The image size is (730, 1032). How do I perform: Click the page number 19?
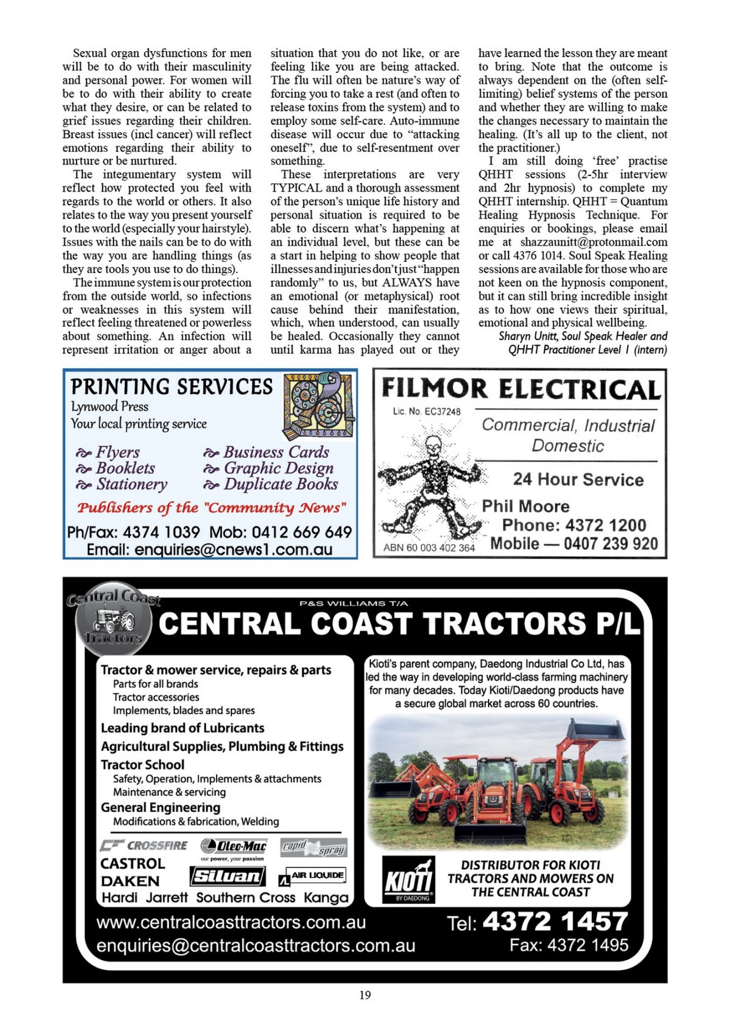[x=365, y=995]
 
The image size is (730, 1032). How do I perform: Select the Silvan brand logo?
[x=227, y=877]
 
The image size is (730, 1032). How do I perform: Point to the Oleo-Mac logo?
[x=233, y=847]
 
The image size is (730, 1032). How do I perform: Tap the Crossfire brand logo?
[x=144, y=845]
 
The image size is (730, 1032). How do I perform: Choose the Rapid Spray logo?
[x=314, y=848]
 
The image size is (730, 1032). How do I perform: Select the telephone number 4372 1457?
[x=555, y=921]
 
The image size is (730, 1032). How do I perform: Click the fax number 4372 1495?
[x=587, y=945]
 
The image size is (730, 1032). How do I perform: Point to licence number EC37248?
[x=442, y=412]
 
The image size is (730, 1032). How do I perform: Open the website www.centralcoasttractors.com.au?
[x=231, y=922]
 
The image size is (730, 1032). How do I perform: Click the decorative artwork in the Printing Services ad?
[x=318, y=406]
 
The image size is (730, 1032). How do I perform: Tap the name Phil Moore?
[x=525, y=506]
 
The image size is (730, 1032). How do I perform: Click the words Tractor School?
[x=142, y=764]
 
